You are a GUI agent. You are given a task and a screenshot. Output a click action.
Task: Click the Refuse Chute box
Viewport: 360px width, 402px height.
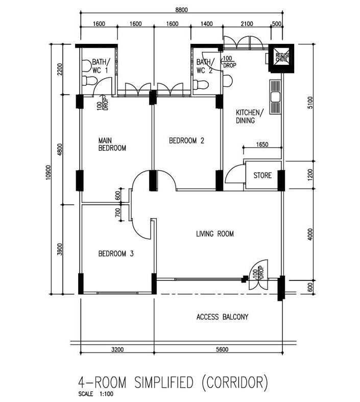click(281, 58)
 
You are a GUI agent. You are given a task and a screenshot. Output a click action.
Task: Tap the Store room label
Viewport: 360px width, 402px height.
click(262, 175)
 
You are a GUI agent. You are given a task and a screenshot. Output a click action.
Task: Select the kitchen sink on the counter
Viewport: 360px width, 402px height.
click(275, 97)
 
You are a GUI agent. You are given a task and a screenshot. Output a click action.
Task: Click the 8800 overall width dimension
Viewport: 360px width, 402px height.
click(181, 10)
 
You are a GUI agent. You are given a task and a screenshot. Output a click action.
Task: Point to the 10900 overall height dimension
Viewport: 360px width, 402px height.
click(48, 172)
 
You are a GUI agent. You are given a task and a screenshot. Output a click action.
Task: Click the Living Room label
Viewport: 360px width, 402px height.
click(214, 234)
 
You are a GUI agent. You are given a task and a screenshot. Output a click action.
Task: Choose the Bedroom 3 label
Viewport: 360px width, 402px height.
click(116, 254)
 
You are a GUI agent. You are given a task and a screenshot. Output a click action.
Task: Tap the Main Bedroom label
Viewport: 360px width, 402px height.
click(112, 145)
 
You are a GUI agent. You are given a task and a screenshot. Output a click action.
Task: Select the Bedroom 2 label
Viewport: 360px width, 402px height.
click(186, 140)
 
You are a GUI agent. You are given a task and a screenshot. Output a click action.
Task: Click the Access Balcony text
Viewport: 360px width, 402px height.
click(223, 317)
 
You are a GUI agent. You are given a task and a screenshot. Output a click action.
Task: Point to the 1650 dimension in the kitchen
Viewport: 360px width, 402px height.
click(262, 145)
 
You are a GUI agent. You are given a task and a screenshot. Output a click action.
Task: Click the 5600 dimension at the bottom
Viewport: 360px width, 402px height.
click(222, 349)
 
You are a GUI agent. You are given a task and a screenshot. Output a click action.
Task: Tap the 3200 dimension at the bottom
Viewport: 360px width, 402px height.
click(117, 349)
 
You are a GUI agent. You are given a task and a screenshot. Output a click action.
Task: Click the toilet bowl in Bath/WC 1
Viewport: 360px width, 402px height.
click(89, 81)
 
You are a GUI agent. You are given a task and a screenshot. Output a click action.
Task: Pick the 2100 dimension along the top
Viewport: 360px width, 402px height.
click(247, 24)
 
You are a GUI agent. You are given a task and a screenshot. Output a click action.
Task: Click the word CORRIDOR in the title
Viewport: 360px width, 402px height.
click(234, 383)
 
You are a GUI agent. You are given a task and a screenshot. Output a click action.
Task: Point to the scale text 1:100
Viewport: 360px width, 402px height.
click(106, 394)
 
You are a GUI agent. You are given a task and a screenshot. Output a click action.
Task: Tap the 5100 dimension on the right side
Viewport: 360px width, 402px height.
click(310, 102)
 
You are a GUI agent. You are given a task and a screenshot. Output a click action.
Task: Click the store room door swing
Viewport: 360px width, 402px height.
click(234, 173)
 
